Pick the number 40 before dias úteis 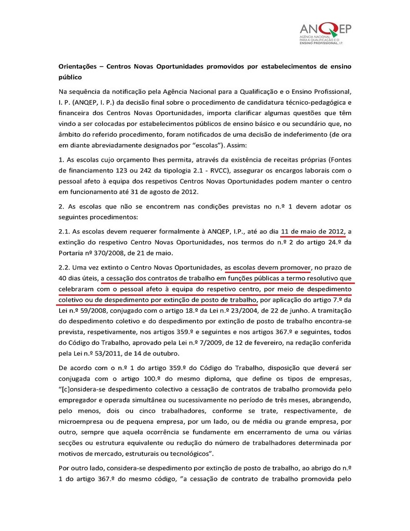(63, 279)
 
